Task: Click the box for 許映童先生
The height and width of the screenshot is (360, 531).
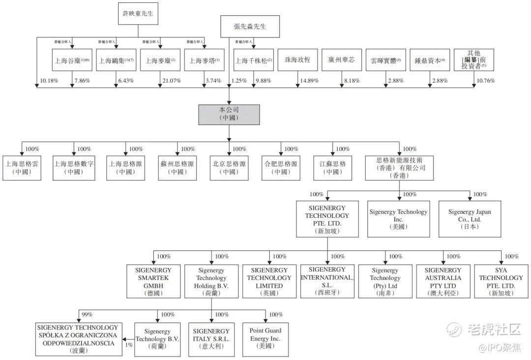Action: pyautogui.click(x=138, y=14)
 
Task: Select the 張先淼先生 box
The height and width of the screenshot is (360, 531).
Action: pyautogui.click(x=250, y=27)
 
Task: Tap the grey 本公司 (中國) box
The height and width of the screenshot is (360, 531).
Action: pyautogui.click(x=229, y=114)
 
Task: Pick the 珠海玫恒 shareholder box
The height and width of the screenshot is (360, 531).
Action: pyautogui.click(x=297, y=60)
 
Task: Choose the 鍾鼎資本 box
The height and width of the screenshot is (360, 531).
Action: pyautogui.click(x=429, y=60)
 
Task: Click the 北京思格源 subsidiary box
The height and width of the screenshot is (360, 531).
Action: pyautogui.click(x=229, y=168)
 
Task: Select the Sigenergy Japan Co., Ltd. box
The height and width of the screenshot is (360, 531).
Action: pyautogui.click(x=470, y=219)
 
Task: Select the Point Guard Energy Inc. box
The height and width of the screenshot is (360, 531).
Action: pyautogui.click(x=265, y=338)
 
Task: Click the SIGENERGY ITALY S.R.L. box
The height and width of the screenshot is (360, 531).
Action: pyautogui.click(x=211, y=338)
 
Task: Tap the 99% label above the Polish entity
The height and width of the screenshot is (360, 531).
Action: pyautogui.click(x=87, y=314)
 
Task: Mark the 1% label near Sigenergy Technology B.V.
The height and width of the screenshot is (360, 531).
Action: pyautogui.click(x=129, y=345)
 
